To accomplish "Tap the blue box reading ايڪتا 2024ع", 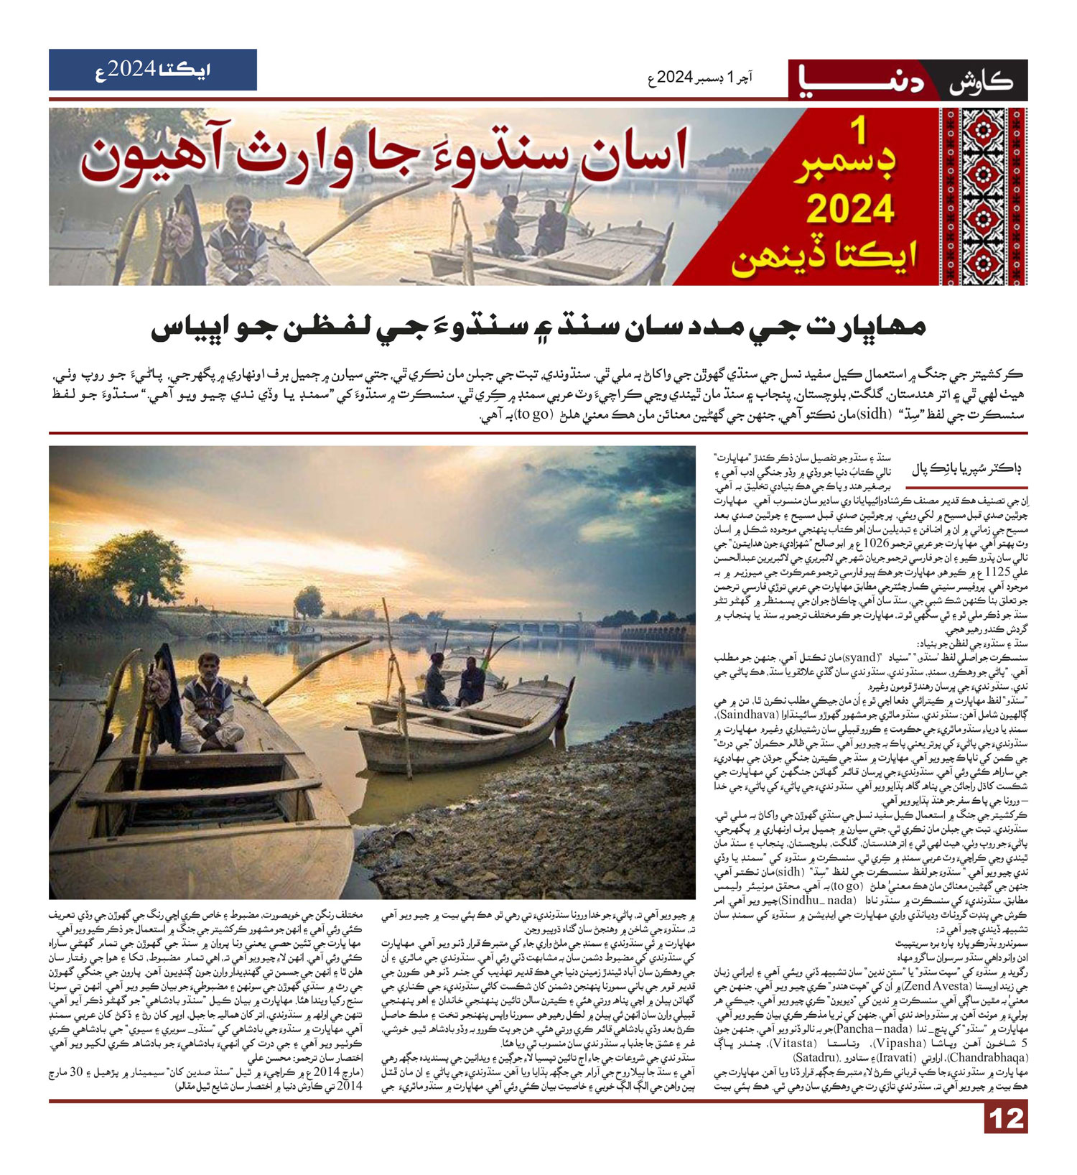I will point(153,70).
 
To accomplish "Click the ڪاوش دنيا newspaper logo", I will point(908,80).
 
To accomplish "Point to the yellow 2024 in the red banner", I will point(850,210).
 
